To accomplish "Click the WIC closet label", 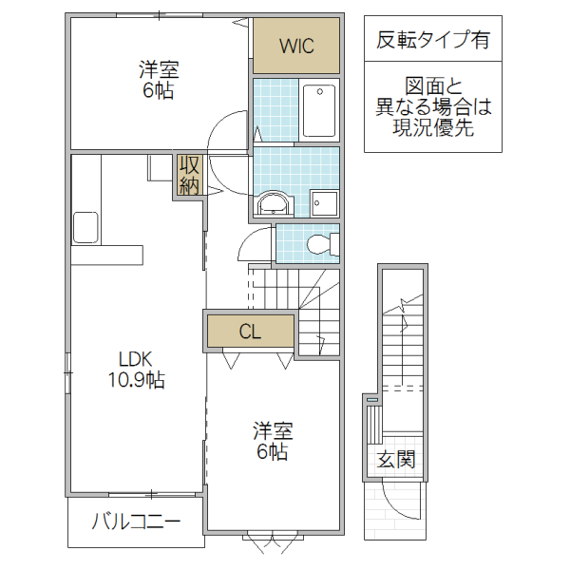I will pyautogui.click(x=295, y=46).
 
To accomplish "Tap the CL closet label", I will pyautogui.click(x=250, y=332).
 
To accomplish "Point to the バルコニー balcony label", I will pyautogui.click(x=136, y=522).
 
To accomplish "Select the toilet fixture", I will pyautogui.click(x=319, y=245).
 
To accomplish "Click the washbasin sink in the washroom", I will pyautogui.click(x=275, y=202).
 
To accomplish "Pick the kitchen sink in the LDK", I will pyautogui.click(x=85, y=227).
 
